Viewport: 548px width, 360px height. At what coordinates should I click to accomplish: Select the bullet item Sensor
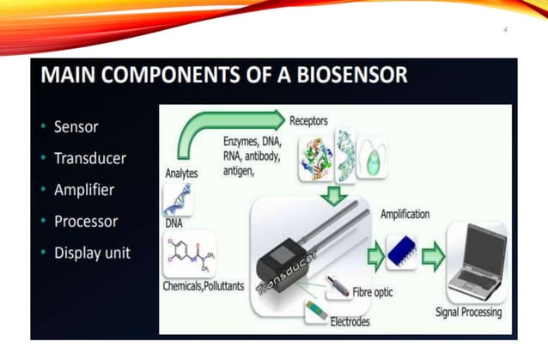pos(76,127)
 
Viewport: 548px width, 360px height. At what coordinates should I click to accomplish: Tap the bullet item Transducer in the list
pos(89,158)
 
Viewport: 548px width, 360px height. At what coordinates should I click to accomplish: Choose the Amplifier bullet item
pos(84,189)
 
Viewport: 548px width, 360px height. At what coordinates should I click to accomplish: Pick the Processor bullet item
pos(86,221)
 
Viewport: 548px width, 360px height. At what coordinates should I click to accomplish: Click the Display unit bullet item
pos(92,253)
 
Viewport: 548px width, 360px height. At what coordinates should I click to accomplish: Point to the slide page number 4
pos(505,30)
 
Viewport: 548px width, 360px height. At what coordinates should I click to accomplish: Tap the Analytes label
pos(181,173)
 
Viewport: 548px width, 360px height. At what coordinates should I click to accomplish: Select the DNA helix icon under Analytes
pos(178,199)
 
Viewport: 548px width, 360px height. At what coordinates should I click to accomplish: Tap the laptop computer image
pos(476,260)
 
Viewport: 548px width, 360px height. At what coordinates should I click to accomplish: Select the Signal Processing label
pos(469,312)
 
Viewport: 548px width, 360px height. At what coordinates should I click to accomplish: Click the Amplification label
pos(405,214)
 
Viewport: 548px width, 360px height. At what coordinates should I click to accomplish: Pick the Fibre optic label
pos(373,292)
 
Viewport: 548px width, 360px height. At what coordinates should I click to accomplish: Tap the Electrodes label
pos(350,321)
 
